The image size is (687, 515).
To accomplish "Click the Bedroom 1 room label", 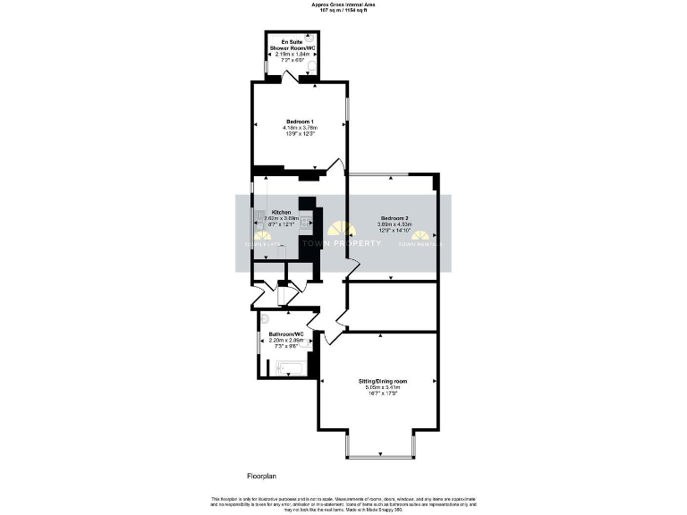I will pos(299,122).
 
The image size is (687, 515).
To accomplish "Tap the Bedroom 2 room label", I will pos(394,218).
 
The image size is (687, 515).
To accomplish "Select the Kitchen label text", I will pos(268,213).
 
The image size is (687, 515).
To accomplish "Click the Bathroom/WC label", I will pos(286,334).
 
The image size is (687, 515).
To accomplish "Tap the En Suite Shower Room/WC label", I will pos(290,46).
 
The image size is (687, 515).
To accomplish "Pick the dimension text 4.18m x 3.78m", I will pos(299,128).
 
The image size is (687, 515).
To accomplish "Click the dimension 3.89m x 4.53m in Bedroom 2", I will pos(394,224).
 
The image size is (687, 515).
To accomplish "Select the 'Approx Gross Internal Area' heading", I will pos(343,4).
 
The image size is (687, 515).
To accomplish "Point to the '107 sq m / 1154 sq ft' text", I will pos(343,10).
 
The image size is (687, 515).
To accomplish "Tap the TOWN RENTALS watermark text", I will pos(420,243).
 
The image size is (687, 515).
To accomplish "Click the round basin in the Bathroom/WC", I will pos(265,317).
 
